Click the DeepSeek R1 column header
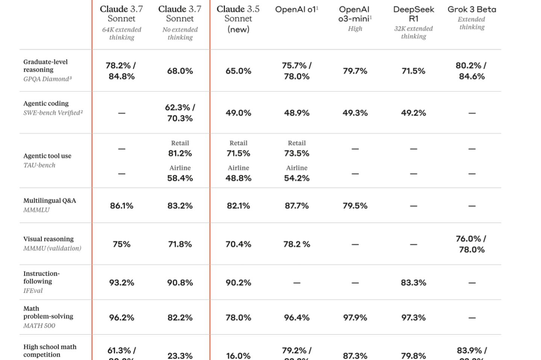click(414, 14)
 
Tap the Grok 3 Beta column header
click(472, 9)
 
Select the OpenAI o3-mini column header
click(355, 14)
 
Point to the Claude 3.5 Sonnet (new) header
click(238, 19)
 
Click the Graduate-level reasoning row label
click(45, 66)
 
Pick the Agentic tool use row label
click(47, 156)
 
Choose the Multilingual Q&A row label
click(50, 201)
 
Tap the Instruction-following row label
click(41, 277)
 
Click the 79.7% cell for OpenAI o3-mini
click(355, 71)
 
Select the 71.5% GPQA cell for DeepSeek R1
click(414, 71)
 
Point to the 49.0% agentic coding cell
click(238, 113)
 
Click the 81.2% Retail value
click(180, 153)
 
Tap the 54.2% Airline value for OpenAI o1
click(297, 178)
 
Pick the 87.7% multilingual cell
click(297, 206)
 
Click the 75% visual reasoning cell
click(121, 245)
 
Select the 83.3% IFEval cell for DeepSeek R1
click(414, 283)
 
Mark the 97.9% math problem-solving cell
click(355, 318)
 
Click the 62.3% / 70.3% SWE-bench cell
click(180, 113)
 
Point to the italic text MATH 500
click(39, 326)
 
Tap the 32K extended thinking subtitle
click(414, 32)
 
